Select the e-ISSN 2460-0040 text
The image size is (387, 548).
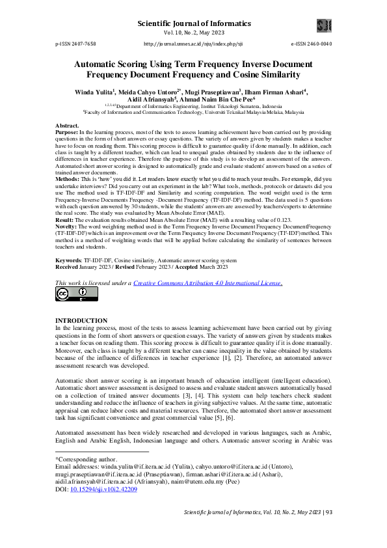click(311, 44)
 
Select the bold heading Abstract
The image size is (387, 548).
click(67, 125)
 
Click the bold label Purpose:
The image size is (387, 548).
click(66, 131)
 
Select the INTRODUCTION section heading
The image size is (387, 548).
click(81, 321)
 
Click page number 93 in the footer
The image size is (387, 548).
click(328, 530)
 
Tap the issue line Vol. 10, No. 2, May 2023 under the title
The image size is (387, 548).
click(193, 33)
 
